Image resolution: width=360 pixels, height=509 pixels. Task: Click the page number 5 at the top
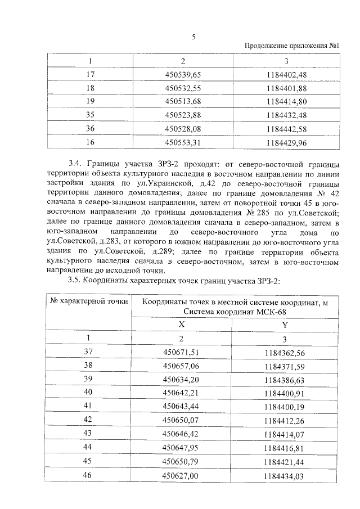pos(193,37)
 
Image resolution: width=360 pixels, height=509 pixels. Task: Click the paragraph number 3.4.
pos(76,164)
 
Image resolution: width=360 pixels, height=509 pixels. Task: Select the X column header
pos(181,325)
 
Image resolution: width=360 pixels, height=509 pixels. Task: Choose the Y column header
pos(284,325)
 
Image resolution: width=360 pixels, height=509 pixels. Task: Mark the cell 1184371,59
pos(284,366)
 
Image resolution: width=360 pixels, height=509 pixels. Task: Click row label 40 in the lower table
pos(88,392)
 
